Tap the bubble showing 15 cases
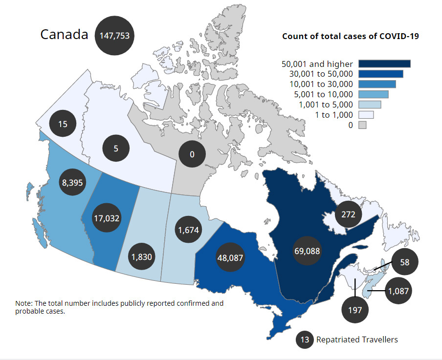pos(63,124)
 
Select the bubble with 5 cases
pos(116,147)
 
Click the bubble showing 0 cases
pos(192,154)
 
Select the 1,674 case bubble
pos(189,229)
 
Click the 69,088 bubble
pos(307,251)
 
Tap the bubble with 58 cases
pos(404,262)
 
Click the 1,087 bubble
pos(398,291)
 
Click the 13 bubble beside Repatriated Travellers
pos(305,339)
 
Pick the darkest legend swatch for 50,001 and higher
pos(384,64)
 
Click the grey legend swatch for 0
pos(362,125)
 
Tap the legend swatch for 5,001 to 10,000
pos(373,94)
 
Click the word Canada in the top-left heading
pos(64,35)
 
